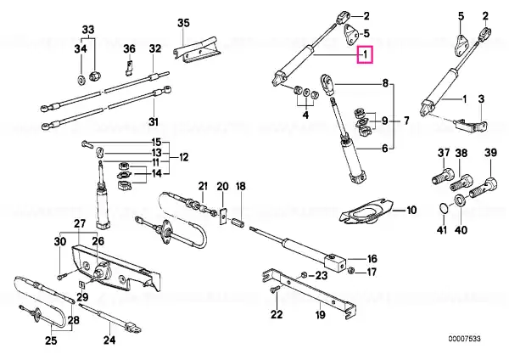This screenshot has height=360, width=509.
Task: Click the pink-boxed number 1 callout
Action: point(365,54)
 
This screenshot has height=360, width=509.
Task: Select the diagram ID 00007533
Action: point(464,339)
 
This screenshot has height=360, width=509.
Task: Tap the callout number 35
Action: point(183,23)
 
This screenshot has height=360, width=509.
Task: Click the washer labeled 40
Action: point(460,200)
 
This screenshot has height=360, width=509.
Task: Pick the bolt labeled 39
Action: point(484,188)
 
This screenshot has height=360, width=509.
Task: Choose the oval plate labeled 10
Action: point(366,212)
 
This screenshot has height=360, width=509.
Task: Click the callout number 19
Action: point(320,314)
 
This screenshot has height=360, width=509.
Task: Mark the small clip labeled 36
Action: point(129,67)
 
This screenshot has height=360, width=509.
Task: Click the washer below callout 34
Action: point(81,79)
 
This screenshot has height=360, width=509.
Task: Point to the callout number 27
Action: point(80,223)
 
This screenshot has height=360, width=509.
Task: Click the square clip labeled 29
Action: point(82,285)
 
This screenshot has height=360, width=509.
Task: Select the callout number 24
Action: point(109,340)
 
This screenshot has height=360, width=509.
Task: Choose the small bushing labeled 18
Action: point(239,223)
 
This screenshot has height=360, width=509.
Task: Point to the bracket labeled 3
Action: point(471,126)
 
